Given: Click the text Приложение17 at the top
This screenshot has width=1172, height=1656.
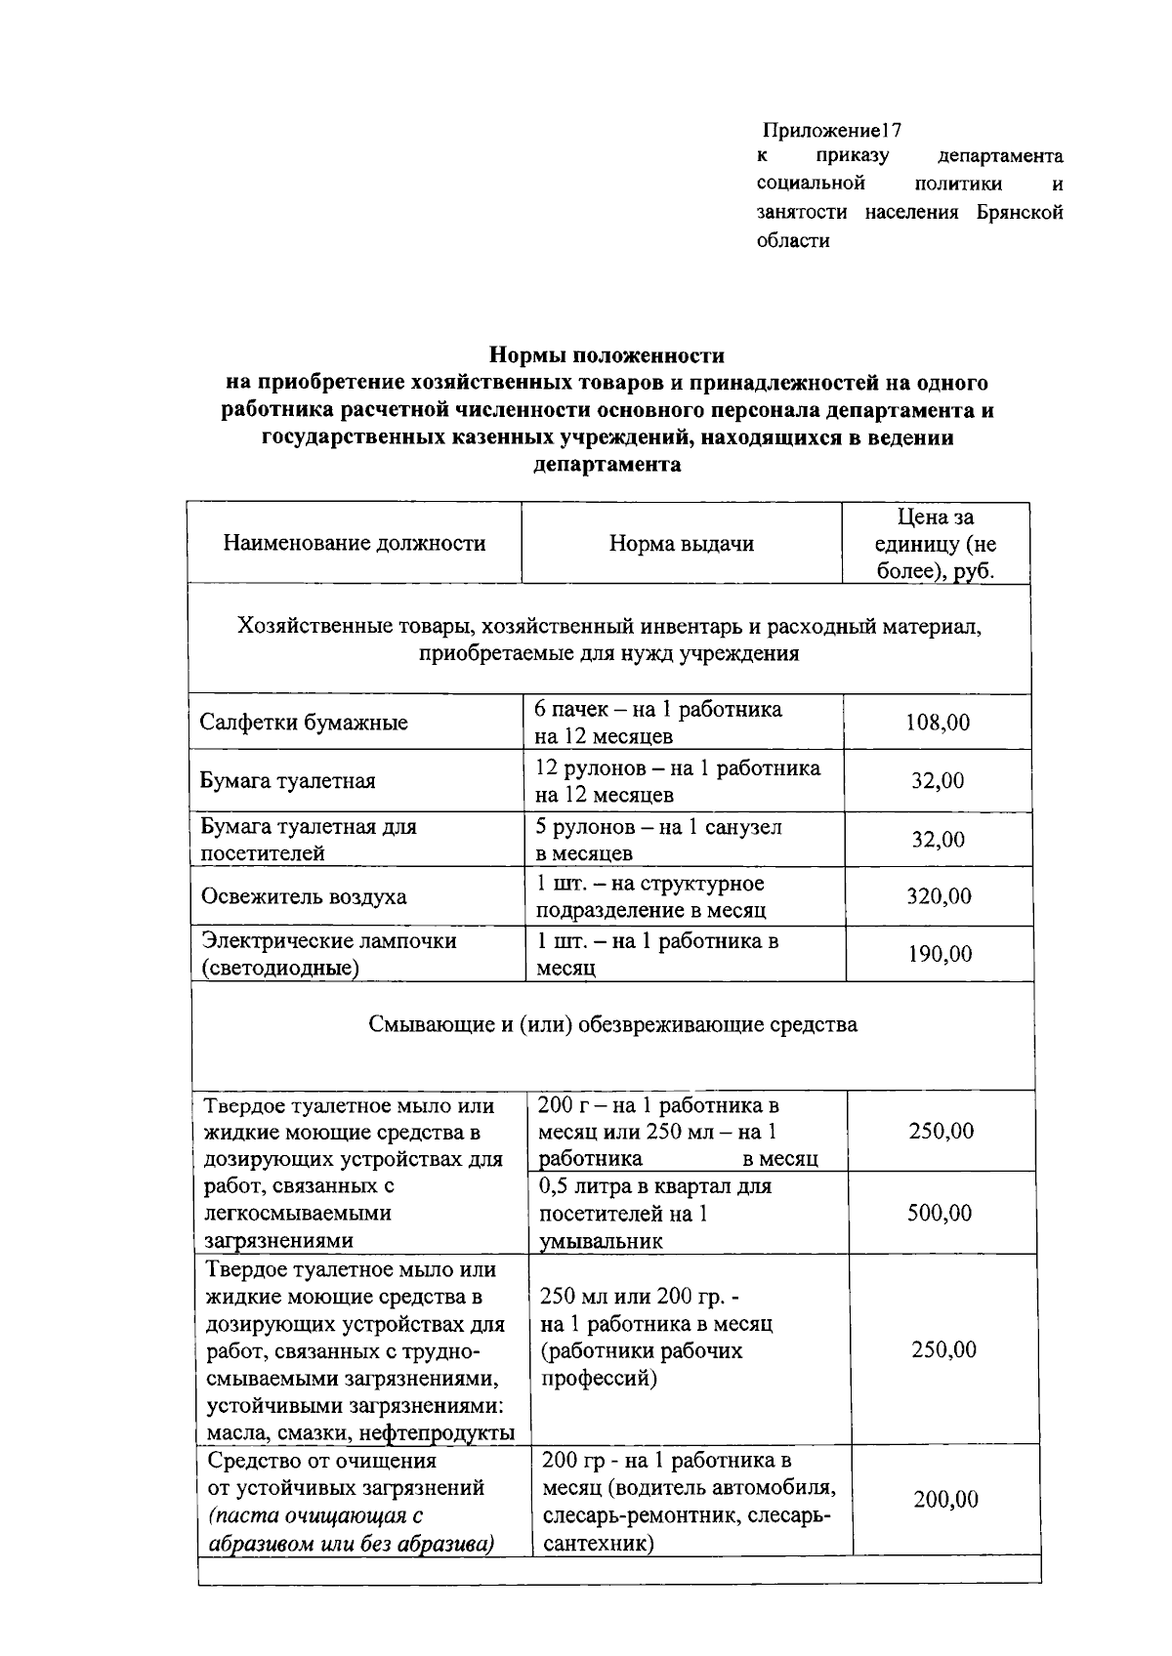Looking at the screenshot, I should (x=831, y=131).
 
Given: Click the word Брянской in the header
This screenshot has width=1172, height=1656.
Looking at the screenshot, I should (x=1019, y=212).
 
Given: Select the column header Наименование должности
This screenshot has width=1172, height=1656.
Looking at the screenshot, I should (x=355, y=543).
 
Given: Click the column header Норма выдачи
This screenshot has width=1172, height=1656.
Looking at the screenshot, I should (x=681, y=544).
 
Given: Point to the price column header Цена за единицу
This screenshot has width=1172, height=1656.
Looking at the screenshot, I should (x=936, y=544).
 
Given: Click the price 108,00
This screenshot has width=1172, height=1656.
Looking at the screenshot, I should (x=938, y=723).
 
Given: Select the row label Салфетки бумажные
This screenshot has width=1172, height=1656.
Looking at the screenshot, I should (x=304, y=724).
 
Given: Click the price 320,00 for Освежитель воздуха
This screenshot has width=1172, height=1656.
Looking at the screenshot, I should (x=939, y=896).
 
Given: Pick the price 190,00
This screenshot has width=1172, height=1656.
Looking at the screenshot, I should (x=940, y=954).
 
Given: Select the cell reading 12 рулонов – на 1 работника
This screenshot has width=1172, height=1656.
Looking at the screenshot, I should (x=678, y=768).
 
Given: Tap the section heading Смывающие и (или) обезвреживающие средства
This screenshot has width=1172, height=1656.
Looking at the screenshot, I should (x=613, y=1025).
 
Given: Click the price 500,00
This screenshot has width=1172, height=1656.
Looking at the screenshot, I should (x=940, y=1213).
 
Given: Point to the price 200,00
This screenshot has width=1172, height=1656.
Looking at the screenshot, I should (x=945, y=1499).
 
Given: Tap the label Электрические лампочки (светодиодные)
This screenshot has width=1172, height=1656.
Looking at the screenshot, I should (x=328, y=954).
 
